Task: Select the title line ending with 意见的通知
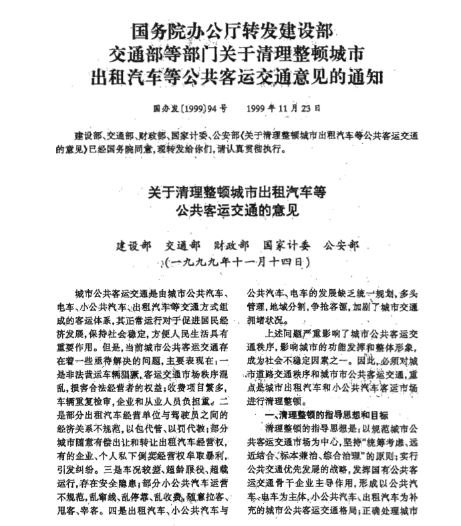tap(230, 76)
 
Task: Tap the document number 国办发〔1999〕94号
tap(190, 107)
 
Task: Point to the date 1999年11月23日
tap(283, 107)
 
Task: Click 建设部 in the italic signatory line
tap(134, 244)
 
